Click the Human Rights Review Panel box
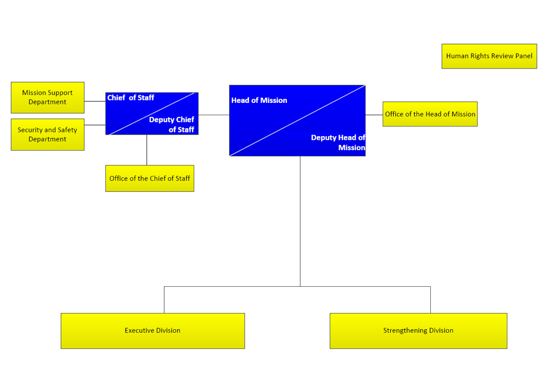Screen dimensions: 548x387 pyautogui.click(x=489, y=56)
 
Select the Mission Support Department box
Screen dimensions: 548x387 pyautogui.click(x=48, y=98)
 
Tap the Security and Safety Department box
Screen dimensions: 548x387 pyautogui.click(x=48, y=135)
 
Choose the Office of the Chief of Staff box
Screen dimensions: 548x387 pyautogui.click(x=150, y=178)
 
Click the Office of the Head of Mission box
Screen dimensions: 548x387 pyautogui.click(x=430, y=114)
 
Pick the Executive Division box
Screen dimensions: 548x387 pyautogui.click(x=153, y=331)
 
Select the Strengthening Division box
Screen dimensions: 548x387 pyautogui.click(x=418, y=331)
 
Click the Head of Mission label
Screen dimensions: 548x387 pyautogui.click(x=259, y=100)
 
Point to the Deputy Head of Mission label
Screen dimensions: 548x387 pyautogui.click(x=338, y=143)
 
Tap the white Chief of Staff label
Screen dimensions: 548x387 pyautogui.click(x=131, y=98)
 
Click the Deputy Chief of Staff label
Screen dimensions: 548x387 pyautogui.click(x=172, y=124)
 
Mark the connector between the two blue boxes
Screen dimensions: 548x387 pyautogui.click(x=214, y=115)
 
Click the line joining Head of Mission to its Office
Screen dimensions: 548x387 pyautogui.click(x=374, y=115)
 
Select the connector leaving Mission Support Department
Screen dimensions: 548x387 pyautogui.click(x=95, y=101)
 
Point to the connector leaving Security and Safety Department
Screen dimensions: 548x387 pyautogui.click(x=95, y=125)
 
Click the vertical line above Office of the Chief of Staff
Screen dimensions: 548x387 pyautogui.click(x=147, y=150)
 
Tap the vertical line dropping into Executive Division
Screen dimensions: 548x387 pyautogui.click(x=164, y=300)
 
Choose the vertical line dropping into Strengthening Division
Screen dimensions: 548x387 pyautogui.click(x=431, y=300)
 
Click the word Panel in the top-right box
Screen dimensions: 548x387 pyautogui.click(x=524, y=56)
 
